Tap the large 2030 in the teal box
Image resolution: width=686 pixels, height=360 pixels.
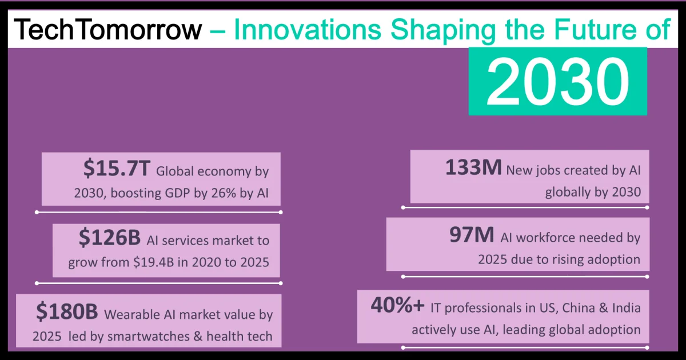(557, 81)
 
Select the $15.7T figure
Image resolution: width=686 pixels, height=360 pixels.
(117, 169)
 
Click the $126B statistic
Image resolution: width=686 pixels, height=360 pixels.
(111, 239)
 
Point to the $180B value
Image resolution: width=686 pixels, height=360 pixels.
(68, 312)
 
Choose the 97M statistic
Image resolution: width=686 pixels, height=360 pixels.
(473, 236)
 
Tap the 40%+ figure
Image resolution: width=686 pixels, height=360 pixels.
(397, 306)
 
